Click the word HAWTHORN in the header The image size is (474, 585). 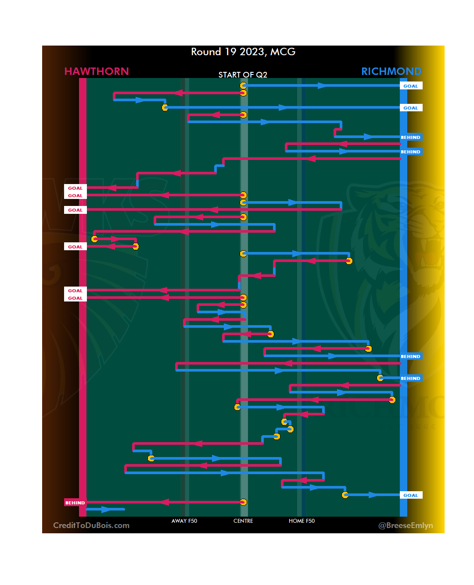(x=97, y=71)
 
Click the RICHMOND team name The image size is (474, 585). (x=391, y=71)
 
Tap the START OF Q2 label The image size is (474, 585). (x=243, y=75)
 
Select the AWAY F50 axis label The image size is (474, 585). (x=184, y=521)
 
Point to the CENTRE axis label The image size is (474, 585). (x=243, y=521)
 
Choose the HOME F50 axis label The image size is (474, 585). (x=302, y=521)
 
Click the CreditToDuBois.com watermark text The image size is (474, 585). (x=91, y=525)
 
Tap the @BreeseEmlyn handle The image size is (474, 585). (x=406, y=525)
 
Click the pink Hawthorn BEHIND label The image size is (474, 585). (x=75, y=503)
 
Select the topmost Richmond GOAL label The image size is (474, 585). (x=411, y=86)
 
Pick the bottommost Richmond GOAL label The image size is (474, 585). (x=411, y=495)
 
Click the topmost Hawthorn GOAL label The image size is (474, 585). (x=75, y=188)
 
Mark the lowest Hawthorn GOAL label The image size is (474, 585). (x=75, y=298)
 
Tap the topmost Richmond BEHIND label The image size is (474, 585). (x=411, y=137)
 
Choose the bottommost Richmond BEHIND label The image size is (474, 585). (x=411, y=378)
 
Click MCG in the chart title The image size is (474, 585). (x=283, y=52)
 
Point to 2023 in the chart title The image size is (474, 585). (x=252, y=52)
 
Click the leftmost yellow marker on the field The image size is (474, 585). (x=94, y=239)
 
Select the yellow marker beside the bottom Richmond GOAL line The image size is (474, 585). (x=345, y=495)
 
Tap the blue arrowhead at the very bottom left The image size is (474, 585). (x=106, y=509)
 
